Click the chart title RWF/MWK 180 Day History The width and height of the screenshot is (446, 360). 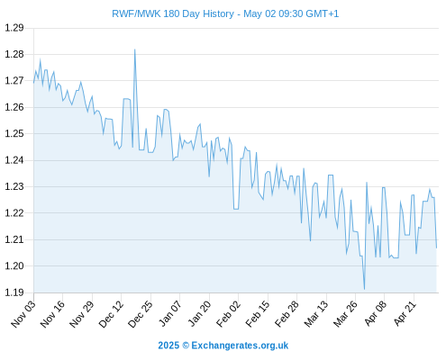pyautogui.click(x=173, y=13)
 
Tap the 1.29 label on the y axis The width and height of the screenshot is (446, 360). pyautogui.click(x=14, y=28)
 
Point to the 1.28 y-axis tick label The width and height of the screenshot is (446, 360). pyautogui.click(x=14, y=54)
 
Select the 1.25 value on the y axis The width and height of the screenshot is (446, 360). pyautogui.click(x=14, y=133)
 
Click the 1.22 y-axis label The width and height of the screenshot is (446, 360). pyautogui.click(x=14, y=213)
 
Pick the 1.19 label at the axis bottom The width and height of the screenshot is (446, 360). pyautogui.click(x=14, y=292)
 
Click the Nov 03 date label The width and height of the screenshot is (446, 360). pyautogui.click(x=23, y=314)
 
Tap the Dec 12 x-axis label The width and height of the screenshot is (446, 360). pyautogui.click(x=111, y=314)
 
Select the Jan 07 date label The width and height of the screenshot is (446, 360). pyautogui.click(x=170, y=314)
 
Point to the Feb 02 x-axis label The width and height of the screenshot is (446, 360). pyautogui.click(x=229, y=314)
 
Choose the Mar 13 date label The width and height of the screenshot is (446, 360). pyautogui.click(x=316, y=314)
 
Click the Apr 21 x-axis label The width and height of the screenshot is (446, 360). pyautogui.click(x=405, y=314)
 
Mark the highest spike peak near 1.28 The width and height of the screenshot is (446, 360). pyautogui.click(x=134, y=49)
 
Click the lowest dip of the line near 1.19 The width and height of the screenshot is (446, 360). pyautogui.click(x=364, y=289)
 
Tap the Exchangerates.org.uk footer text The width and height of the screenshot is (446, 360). pyautogui.click(x=240, y=346)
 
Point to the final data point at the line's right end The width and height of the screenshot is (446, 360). pyautogui.click(x=436, y=247)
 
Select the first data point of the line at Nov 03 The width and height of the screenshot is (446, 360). pyautogui.click(x=33, y=83)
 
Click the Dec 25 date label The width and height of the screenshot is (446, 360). pyautogui.click(x=141, y=314)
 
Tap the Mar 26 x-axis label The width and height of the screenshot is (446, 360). pyautogui.click(x=346, y=314)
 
